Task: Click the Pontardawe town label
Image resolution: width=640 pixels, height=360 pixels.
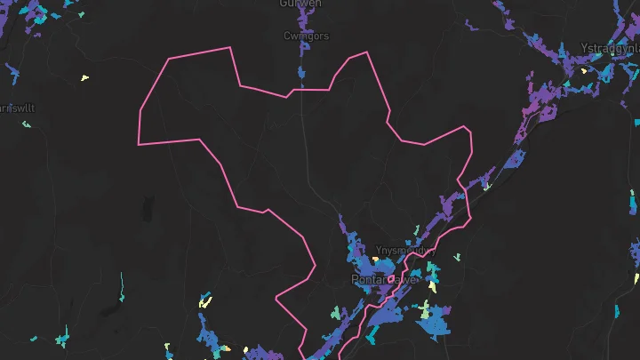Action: pos(384,279)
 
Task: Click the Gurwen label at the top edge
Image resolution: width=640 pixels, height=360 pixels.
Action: pos(300,4)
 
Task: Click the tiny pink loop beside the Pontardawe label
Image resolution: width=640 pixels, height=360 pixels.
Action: pos(390,280)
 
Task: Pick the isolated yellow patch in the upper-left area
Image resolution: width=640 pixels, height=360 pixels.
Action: pos(84,78)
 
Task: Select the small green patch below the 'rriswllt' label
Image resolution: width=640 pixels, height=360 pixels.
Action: pos(26,124)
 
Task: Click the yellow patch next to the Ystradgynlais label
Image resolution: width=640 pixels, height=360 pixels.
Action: pos(584,70)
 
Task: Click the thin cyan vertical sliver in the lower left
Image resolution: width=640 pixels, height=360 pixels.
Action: pos(121,286)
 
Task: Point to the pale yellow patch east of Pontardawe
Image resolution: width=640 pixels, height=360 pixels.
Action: pos(433,287)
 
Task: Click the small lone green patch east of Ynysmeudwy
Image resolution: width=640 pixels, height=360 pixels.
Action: pos(457,258)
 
